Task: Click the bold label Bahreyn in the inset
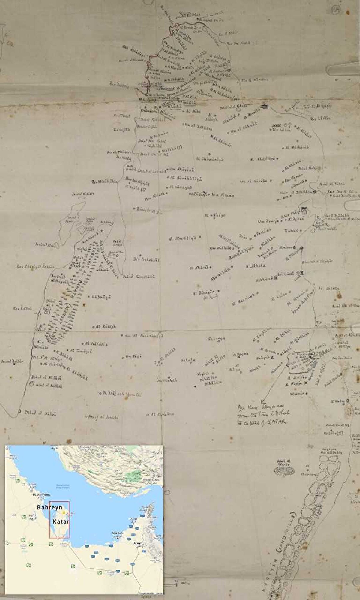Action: pyautogui.click(x=50, y=507)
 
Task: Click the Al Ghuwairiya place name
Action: pyautogui.click(x=210, y=160)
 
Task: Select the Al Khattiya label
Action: pyautogui.click(x=262, y=159)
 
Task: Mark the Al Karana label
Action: pyautogui.click(x=162, y=414)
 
